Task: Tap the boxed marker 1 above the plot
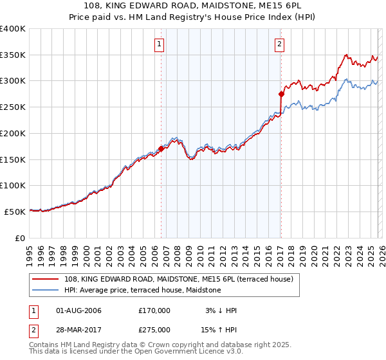tap(158, 44)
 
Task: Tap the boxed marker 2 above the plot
tap(280, 44)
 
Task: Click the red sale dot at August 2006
tap(161, 148)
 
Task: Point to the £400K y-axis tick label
tap(13, 29)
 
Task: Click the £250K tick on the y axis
tap(13, 107)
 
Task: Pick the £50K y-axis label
tap(15, 212)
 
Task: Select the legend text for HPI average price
tap(142, 291)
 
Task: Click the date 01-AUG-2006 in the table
tap(78, 310)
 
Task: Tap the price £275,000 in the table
tap(154, 329)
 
